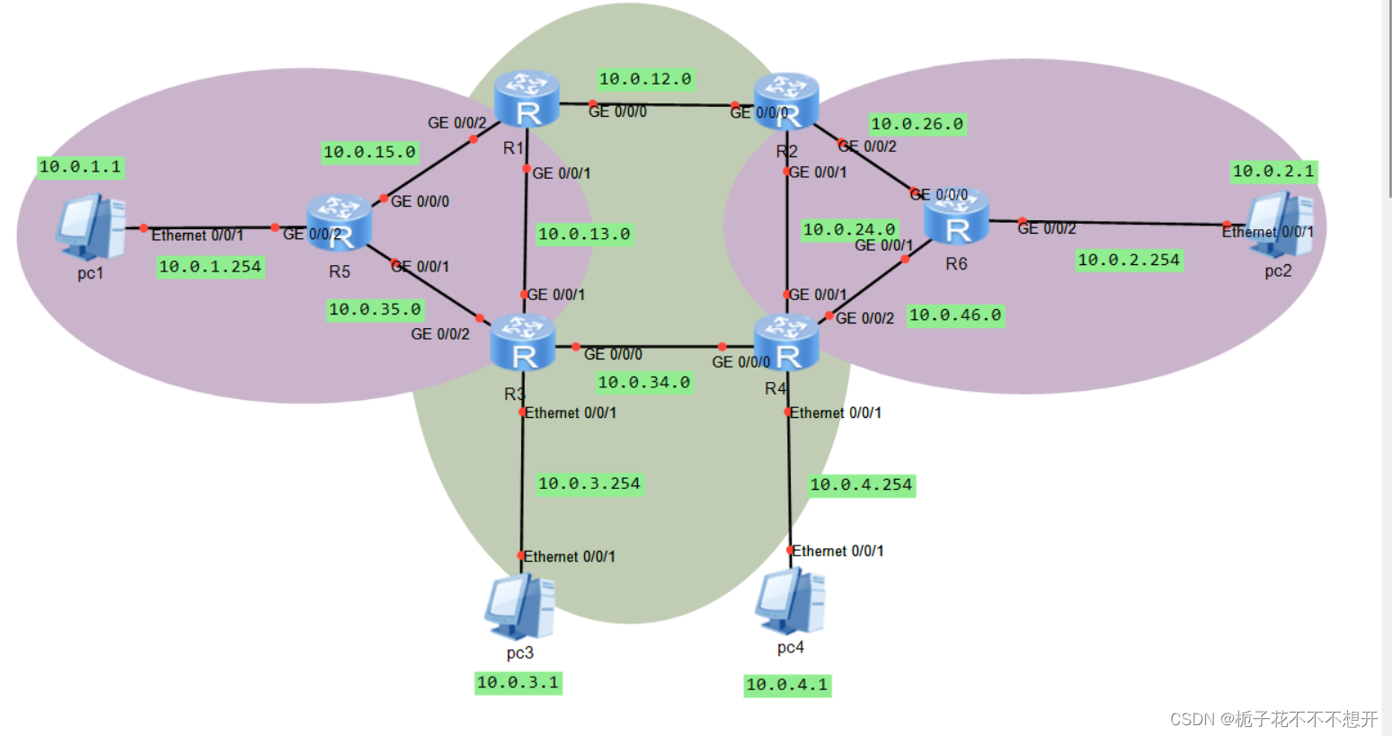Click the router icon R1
tap(527, 100)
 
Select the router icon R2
tap(786, 102)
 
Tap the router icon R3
tap(523, 342)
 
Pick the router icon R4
tap(786, 342)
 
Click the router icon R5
tap(339, 223)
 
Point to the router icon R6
tap(956, 217)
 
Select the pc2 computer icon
tap(1280, 225)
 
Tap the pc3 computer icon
tap(519, 607)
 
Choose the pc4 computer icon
tap(790, 600)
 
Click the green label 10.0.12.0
tap(645, 79)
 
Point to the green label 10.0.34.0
tap(643, 383)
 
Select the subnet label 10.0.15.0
tap(369, 152)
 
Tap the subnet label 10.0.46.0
tap(954, 315)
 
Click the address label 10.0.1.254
tap(210, 267)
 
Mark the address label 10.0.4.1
tap(787, 685)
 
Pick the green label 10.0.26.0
tap(917, 124)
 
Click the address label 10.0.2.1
tap(1272, 171)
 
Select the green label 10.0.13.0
tap(584, 235)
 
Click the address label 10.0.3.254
tap(589, 483)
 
